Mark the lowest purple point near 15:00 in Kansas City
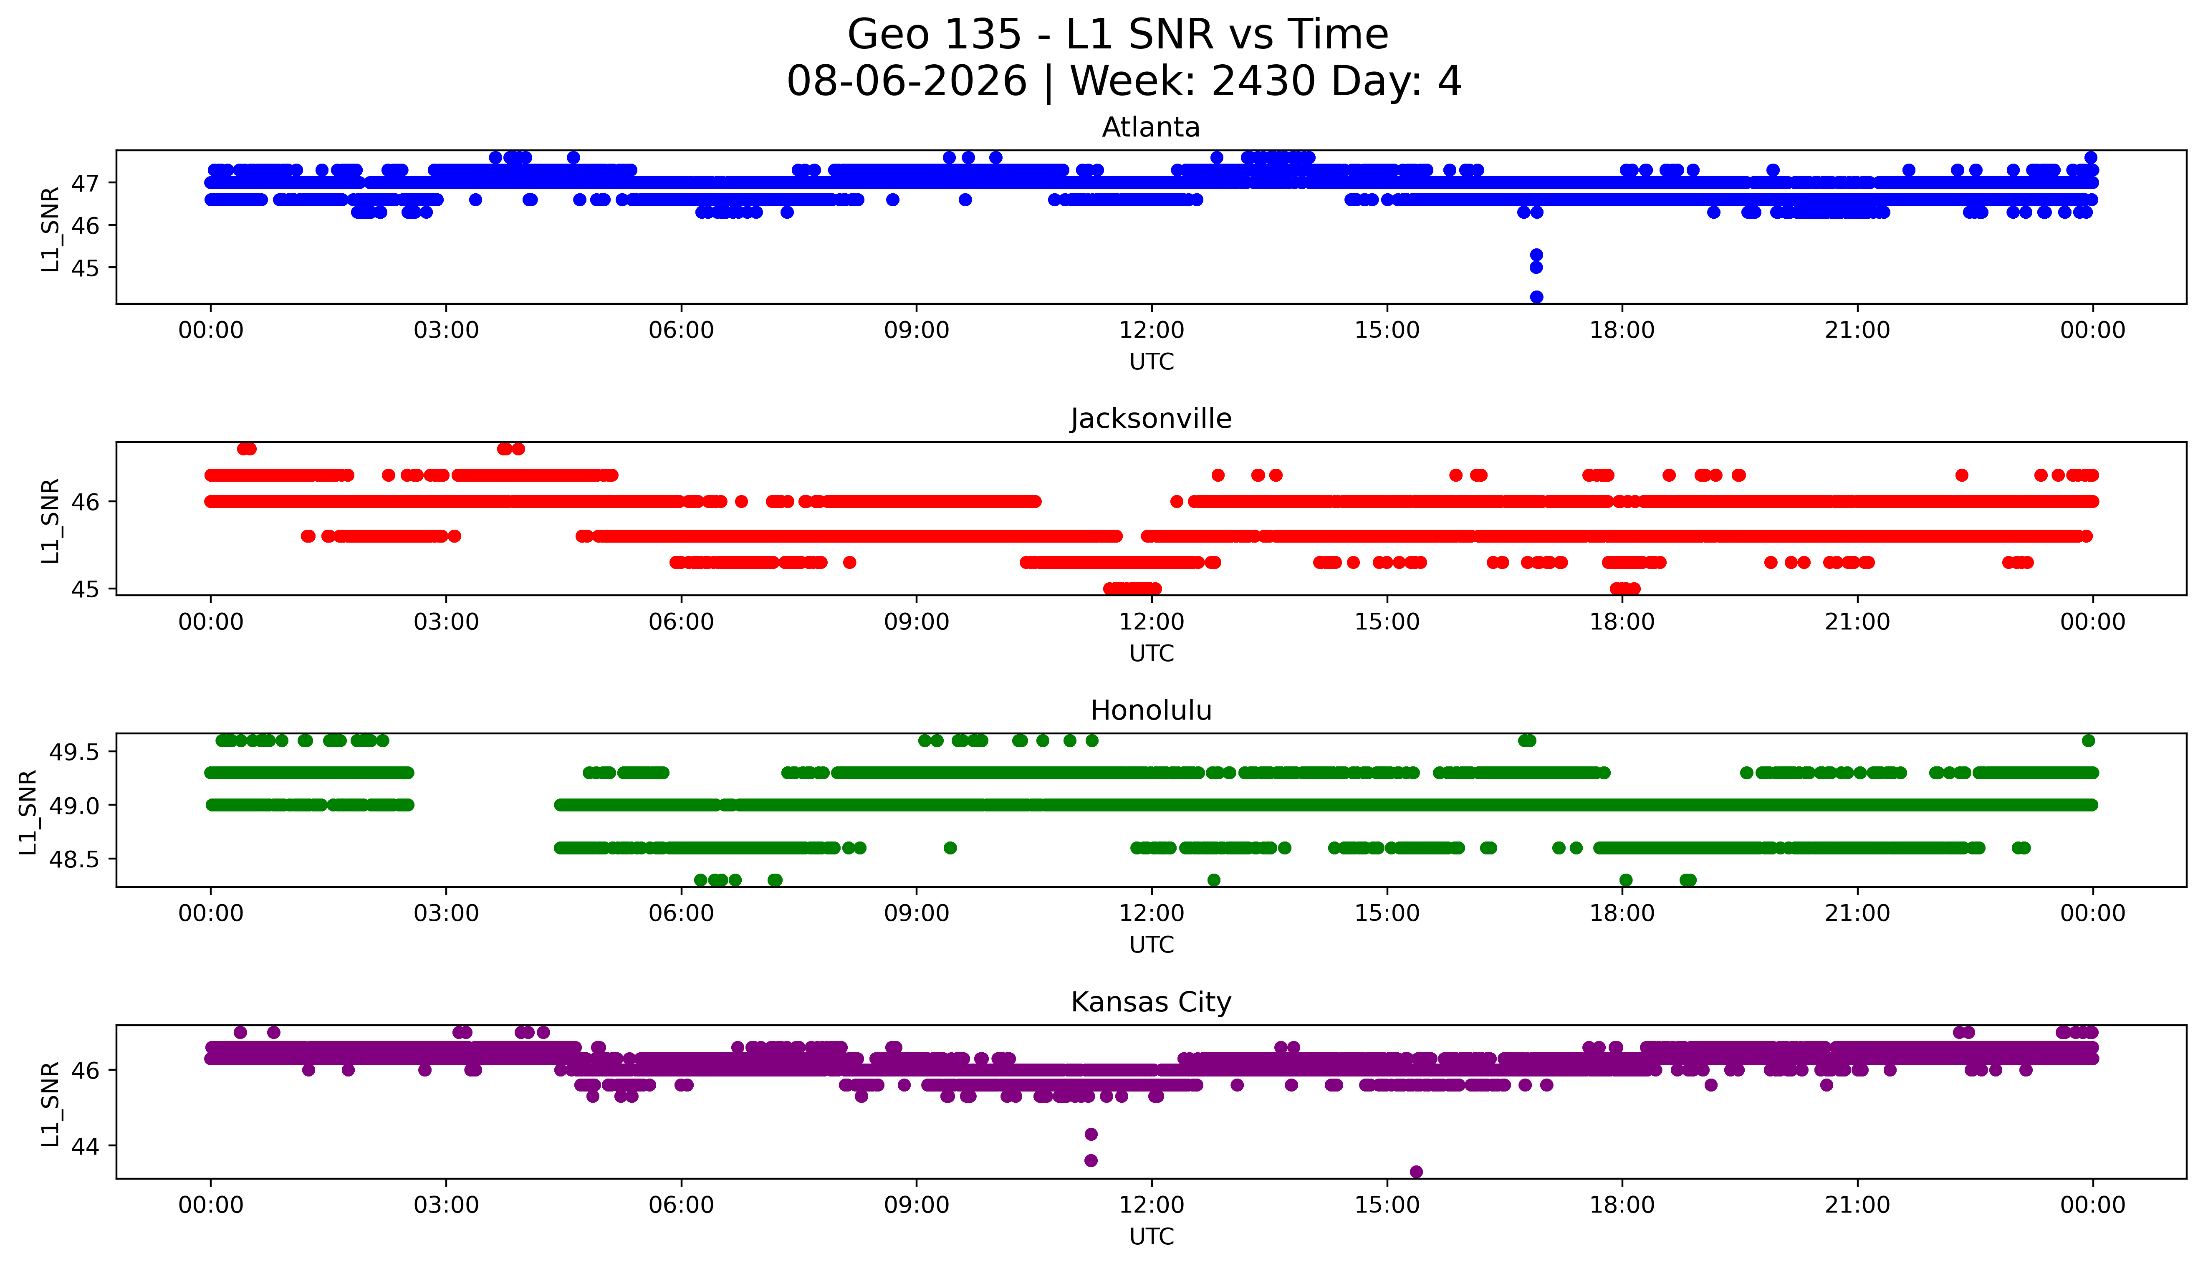pyautogui.click(x=1415, y=1172)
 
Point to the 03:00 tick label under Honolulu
pyautogui.click(x=446, y=913)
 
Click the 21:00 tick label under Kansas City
pyautogui.click(x=1857, y=1205)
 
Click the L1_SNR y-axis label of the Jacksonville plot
pyautogui.click(x=51, y=520)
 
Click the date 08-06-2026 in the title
pyautogui.click(x=907, y=82)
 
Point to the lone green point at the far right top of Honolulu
pyautogui.click(x=2088, y=741)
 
